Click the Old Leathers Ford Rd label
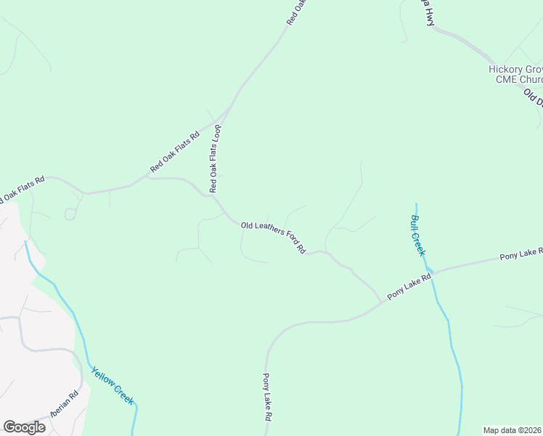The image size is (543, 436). click(x=273, y=237)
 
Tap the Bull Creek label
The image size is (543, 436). click(x=417, y=235)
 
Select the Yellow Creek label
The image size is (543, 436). click(x=113, y=386)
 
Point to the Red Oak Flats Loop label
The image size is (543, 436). click(x=215, y=158)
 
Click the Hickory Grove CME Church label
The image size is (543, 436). click(x=515, y=74)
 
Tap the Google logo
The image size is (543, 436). click(x=25, y=427)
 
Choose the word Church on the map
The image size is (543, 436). click(x=528, y=79)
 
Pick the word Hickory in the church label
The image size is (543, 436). click(x=504, y=69)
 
